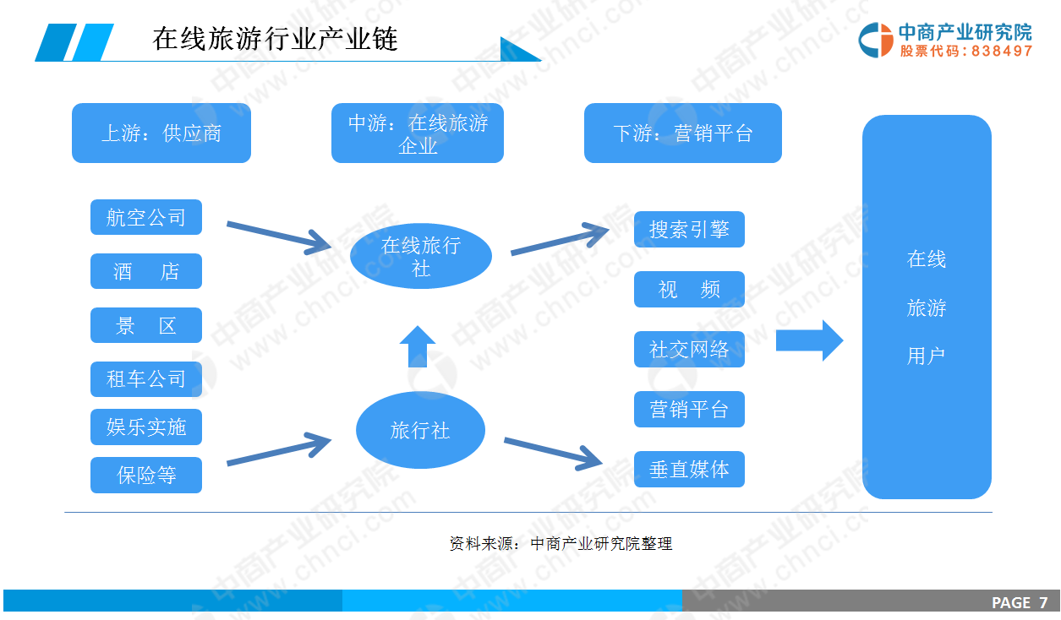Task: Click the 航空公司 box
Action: [146, 217]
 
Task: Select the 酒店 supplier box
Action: [146, 271]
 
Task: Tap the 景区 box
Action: [146, 325]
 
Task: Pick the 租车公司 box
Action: [146, 379]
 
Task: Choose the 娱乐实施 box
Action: [146, 427]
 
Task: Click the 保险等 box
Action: [146, 476]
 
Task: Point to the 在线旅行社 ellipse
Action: [420, 256]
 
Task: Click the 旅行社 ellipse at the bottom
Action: [420, 430]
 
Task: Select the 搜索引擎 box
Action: [689, 229]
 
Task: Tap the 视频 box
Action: [689, 289]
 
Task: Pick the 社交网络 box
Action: [689, 349]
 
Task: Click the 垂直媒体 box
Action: [689, 469]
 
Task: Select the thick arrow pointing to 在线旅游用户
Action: [809, 340]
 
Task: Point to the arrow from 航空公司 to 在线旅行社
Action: [277, 236]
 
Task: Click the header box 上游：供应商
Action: [161, 133]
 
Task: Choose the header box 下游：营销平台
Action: [682, 133]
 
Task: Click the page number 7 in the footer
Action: [1043, 602]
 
